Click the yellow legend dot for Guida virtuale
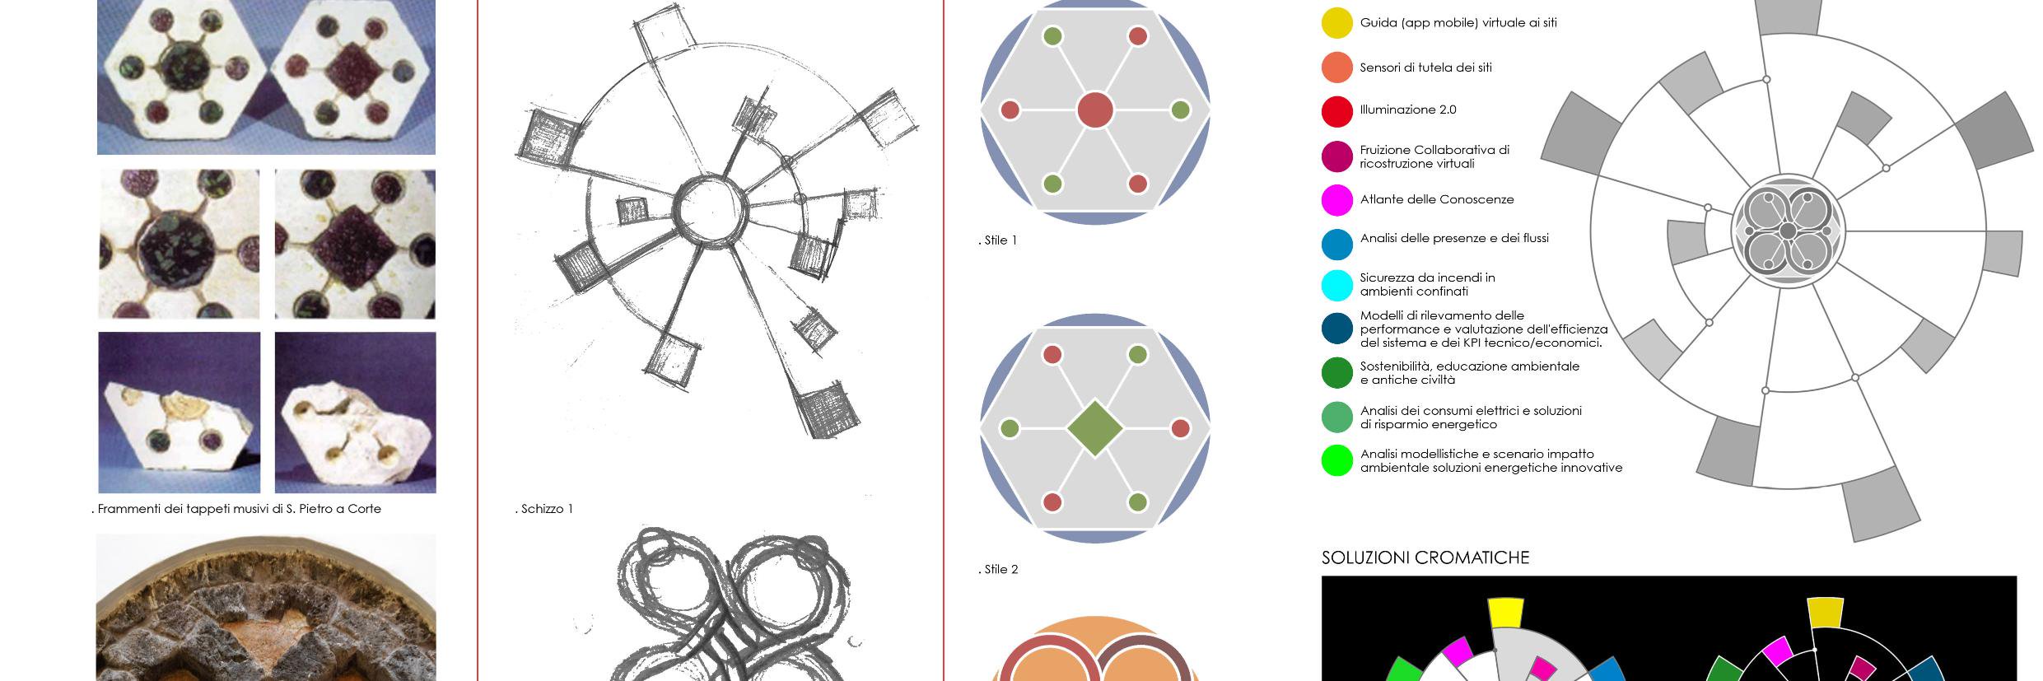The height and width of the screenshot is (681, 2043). [1336, 23]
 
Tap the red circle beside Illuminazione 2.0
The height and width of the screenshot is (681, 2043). [1336, 111]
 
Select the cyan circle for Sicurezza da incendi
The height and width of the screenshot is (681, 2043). [1336, 285]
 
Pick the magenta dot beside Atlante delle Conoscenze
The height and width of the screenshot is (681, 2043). [1336, 200]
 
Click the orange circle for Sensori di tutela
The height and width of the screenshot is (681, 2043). [1336, 68]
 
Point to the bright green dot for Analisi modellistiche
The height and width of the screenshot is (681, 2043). [1336, 460]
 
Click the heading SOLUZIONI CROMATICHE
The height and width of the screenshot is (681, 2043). [1425, 558]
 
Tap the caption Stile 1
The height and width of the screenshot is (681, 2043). [998, 240]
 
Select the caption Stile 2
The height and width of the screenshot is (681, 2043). [999, 569]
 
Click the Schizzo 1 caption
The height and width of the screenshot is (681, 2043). [544, 509]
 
